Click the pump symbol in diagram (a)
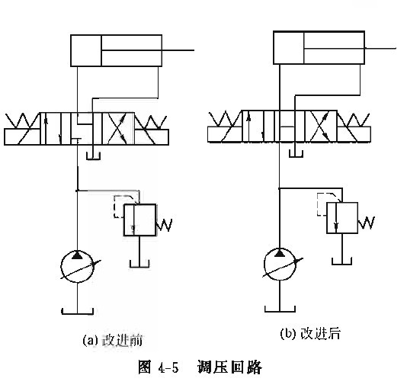[x=77, y=266]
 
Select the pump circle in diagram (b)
[x=279, y=265]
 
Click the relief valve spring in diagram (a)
[x=165, y=225]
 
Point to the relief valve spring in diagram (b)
[x=367, y=223]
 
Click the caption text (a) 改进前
[x=112, y=340]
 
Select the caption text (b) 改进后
[x=310, y=333]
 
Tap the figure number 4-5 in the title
[x=168, y=367]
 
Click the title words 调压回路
[x=229, y=367]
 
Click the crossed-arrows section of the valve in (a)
[x=118, y=128]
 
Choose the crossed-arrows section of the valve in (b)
[x=321, y=126]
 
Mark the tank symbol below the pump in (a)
[x=77, y=312]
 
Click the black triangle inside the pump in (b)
[x=279, y=253]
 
